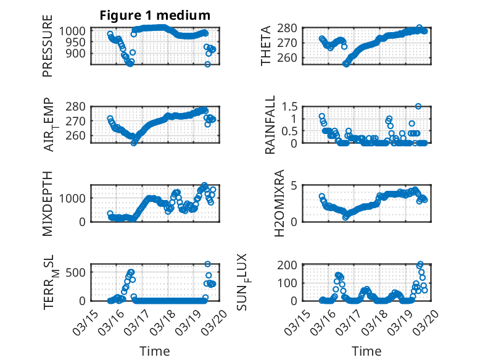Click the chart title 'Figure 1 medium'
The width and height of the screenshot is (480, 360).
pos(155,15)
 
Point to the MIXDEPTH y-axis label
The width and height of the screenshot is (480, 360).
pos(48,203)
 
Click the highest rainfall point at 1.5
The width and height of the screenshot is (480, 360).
pos(418,106)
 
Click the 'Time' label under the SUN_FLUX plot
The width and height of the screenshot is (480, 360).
pos(366,351)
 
